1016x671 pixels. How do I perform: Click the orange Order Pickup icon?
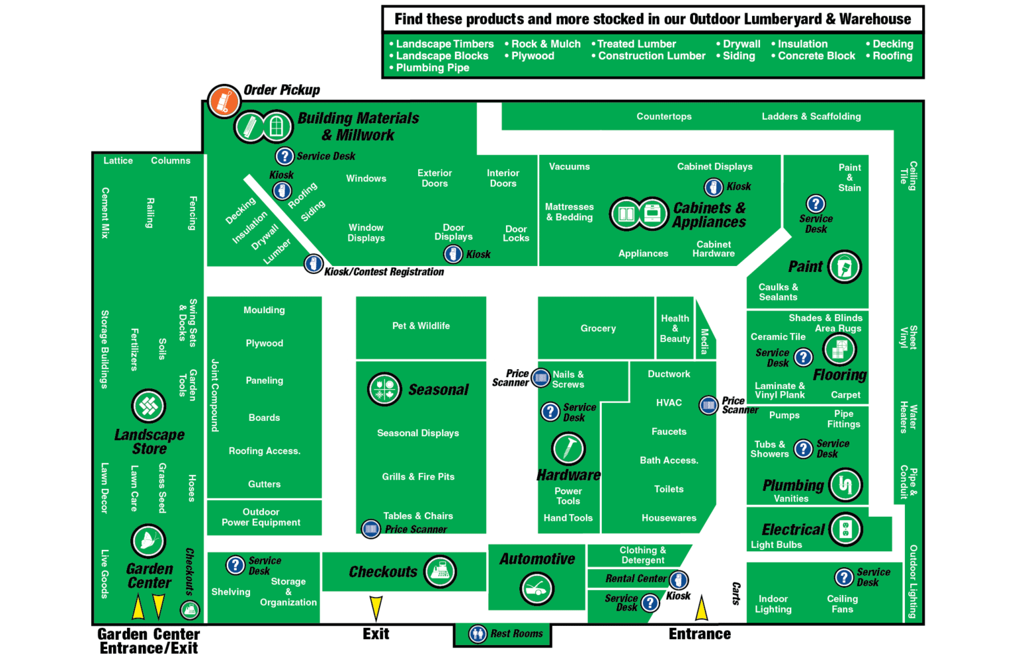point(224,101)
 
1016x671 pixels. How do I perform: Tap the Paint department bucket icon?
point(845,267)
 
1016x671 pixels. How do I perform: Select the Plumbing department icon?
point(845,485)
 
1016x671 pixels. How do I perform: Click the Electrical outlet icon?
point(845,529)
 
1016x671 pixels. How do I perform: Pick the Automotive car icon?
point(536,588)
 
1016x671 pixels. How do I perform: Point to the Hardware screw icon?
point(568,449)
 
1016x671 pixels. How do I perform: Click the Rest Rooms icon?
point(478,634)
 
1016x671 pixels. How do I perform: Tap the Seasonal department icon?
point(384,389)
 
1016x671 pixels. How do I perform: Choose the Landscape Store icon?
point(149,406)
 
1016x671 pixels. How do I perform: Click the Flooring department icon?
point(839,349)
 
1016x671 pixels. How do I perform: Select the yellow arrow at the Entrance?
point(702,608)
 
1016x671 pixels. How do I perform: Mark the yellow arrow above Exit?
point(376,607)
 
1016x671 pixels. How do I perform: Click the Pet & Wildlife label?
point(421,326)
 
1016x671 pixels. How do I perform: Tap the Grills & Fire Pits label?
point(418,476)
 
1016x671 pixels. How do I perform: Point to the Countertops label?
point(664,116)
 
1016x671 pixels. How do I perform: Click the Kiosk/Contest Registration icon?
point(314,263)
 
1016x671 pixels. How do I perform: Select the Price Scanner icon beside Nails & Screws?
point(540,378)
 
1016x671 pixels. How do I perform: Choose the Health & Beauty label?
point(675,328)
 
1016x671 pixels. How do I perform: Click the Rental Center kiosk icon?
point(678,580)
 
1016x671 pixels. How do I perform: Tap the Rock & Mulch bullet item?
point(546,44)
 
